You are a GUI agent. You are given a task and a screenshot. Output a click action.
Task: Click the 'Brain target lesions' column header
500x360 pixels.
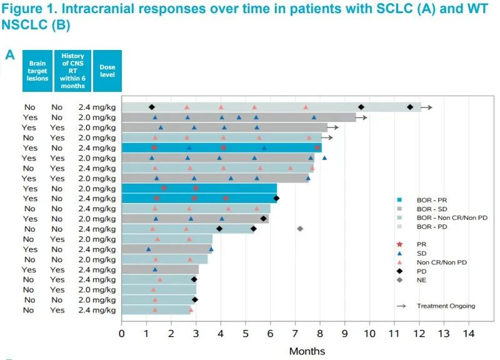coord(37,71)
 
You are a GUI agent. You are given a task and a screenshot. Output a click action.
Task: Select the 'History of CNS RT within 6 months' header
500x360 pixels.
coord(72,71)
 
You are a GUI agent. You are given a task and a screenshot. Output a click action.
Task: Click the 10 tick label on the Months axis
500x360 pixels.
coord(369,333)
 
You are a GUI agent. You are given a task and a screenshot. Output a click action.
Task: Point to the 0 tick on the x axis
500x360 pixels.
coord(122,333)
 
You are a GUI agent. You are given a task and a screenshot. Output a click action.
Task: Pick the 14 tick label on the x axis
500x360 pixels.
coord(468,333)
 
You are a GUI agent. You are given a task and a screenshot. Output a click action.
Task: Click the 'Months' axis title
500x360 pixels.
coord(306,351)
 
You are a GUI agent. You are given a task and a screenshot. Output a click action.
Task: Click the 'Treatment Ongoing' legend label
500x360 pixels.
coord(446,306)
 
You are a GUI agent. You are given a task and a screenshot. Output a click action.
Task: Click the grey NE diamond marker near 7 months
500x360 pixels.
coord(300,229)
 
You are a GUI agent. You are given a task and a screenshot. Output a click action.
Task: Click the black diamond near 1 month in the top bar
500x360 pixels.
coord(151,107)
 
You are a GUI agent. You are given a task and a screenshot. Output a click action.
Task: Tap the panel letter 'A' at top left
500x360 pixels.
coord(9,55)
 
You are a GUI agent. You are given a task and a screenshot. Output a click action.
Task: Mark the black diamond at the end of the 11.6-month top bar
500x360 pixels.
coord(410,107)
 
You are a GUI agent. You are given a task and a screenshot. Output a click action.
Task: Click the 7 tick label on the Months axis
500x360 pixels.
coord(295,333)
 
